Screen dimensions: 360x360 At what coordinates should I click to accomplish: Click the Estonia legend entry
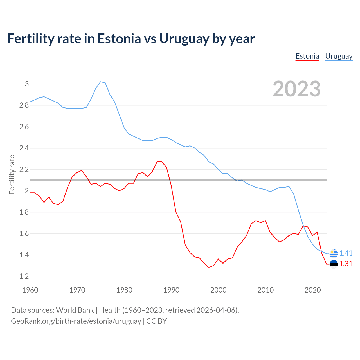[307, 56]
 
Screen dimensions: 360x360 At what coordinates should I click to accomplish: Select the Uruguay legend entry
[339, 56]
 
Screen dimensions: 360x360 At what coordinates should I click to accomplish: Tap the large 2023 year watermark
[297, 89]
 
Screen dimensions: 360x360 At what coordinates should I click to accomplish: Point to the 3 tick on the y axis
[27, 84]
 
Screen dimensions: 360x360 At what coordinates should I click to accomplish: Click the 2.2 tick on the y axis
[24, 169]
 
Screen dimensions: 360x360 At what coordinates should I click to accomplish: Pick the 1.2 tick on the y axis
[24, 276]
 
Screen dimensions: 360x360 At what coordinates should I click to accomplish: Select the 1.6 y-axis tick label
[24, 233]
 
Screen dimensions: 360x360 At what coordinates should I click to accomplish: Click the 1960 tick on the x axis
[30, 290]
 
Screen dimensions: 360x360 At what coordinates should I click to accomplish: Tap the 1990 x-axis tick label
[171, 290]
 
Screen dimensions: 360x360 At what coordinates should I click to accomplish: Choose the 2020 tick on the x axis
[312, 290]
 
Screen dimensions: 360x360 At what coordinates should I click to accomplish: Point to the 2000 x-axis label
[218, 290]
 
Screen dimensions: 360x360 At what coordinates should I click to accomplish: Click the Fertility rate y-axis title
[12, 174]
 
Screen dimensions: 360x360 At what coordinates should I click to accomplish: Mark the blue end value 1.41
[346, 253]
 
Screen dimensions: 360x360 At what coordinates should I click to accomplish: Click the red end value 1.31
[346, 264]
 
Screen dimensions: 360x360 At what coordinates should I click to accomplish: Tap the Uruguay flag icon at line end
[334, 253]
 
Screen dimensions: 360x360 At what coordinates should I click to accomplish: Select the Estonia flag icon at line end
[334, 264]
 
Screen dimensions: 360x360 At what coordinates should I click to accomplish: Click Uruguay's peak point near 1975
[101, 82]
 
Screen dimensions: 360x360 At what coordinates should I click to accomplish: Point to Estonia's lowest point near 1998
[209, 267]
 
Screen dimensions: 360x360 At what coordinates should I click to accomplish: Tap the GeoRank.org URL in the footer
[76, 321]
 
